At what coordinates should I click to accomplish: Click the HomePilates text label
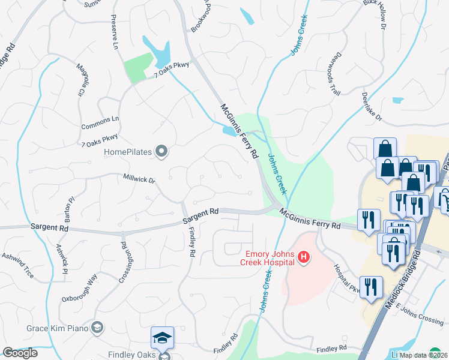(x=128, y=152)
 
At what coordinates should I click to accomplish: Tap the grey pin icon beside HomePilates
(x=161, y=152)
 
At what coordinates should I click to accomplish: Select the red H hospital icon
(x=304, y=258)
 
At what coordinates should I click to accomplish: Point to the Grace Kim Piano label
(x=58, y=328)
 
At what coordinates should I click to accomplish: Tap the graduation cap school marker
(x=162, y=338)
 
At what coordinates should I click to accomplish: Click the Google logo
(x=20, y=353)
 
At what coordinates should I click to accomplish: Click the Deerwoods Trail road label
(x=334, y=74)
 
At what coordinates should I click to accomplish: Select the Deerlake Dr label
(x=372, y=106)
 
